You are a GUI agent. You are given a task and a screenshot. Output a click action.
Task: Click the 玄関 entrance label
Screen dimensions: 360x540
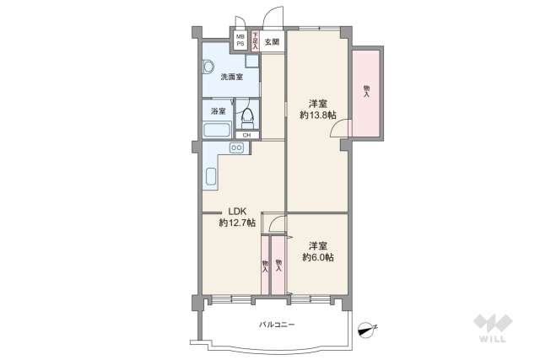[272, 40]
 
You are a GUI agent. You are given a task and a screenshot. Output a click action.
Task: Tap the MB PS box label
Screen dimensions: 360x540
[240, 40]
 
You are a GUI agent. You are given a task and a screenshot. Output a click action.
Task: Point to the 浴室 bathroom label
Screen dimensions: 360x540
[217, 110]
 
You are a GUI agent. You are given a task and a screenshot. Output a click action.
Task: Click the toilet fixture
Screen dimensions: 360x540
[246, 117]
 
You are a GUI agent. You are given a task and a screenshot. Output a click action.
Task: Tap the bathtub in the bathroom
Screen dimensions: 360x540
[216, 131]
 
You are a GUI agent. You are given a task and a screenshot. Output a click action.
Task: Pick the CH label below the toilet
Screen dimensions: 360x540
[246, 135]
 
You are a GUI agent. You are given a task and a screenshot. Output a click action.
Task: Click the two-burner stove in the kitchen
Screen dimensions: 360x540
[236, 148]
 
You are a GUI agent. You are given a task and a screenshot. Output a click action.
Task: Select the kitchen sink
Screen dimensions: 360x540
[211, 177]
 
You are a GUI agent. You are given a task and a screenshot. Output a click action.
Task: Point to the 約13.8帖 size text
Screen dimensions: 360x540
[317, 114]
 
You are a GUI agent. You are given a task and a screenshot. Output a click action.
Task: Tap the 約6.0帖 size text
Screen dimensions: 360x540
[317, 257]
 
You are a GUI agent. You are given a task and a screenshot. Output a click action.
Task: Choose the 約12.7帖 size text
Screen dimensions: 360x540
[236, 223]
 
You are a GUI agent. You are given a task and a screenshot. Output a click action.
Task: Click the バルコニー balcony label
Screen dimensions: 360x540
[276, 325]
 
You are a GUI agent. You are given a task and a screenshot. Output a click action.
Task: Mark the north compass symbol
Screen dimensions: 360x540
[366, 330]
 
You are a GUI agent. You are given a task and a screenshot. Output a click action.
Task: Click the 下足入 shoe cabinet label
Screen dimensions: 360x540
[255, 40]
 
